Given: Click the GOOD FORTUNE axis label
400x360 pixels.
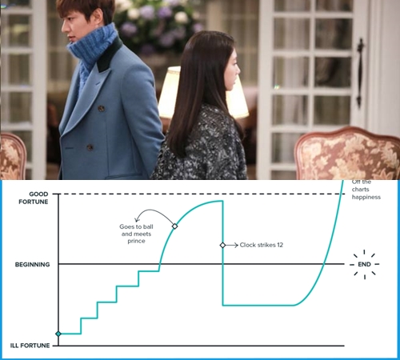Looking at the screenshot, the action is coord(34,198).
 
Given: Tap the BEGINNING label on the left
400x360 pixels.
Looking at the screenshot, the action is coord(32,265).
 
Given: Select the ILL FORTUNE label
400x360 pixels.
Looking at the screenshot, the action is coord(30,346).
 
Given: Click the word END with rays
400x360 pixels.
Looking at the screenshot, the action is coord(364,264).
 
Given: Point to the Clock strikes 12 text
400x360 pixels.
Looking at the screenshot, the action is coord(262,245).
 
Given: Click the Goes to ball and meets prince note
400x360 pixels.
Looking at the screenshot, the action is coord(136,234).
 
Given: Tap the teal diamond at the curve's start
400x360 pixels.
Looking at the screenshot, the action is coord(58,334).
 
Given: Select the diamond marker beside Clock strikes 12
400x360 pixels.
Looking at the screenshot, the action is coord(222,245).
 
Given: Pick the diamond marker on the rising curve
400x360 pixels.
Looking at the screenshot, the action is coord(174,226).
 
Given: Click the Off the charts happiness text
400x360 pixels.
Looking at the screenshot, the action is coord(366,190).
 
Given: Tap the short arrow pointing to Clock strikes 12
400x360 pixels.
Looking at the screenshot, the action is coord(232,245).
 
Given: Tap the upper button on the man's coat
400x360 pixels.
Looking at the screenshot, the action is coord(101,109).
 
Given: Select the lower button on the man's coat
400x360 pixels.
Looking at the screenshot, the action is coord(90,147).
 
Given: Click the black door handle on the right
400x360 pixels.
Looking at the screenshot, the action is coord(361,72).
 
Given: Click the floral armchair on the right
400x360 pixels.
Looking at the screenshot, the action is coord(346,154).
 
